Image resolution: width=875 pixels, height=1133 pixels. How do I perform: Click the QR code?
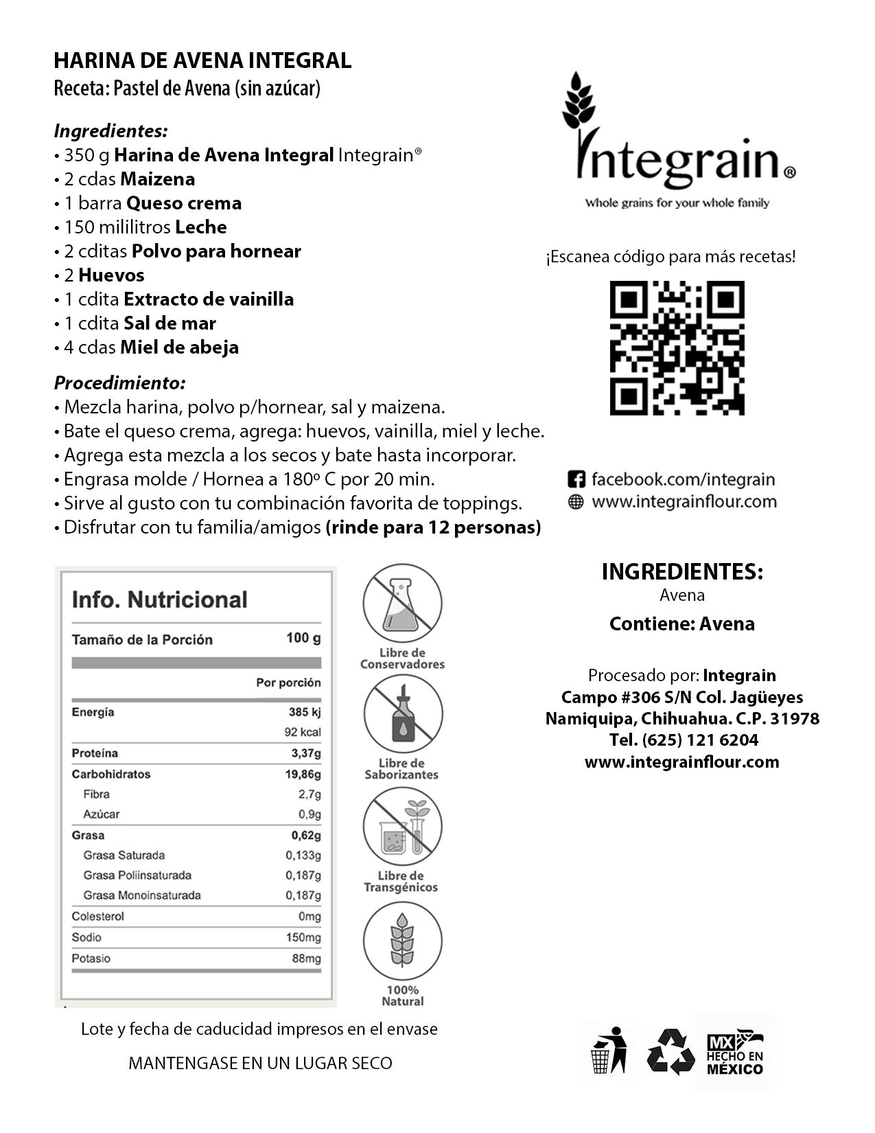click(x=677, y=347)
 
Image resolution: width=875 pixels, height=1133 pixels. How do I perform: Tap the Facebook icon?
click(x=576, y=479)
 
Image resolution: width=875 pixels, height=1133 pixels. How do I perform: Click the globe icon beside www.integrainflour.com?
click(x=576, y=502)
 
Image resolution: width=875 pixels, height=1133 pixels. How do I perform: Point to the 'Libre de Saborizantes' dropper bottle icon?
click(x=402, y=715)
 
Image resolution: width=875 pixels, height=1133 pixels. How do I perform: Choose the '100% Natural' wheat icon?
click(x=402, y=940)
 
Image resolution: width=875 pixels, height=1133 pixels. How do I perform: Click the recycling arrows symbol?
click(x=671, y=1051)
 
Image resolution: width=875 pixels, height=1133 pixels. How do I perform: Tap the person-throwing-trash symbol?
click(x=609, y=1051)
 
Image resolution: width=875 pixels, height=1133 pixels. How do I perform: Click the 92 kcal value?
click(x=303, y=732)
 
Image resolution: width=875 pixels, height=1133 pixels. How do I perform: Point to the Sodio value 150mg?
click(x=303, y=937)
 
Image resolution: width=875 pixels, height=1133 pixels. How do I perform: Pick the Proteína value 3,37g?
click(x=306, y=753)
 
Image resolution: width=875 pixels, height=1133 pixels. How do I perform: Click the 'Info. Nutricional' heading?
click(x=159, y=599)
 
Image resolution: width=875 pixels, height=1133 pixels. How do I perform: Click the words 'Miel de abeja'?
click(x=179, y=347)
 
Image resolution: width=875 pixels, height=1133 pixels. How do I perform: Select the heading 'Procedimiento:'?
click(x=120, y=382)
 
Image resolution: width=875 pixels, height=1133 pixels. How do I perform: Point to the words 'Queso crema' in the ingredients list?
click(x=184, y=203)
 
